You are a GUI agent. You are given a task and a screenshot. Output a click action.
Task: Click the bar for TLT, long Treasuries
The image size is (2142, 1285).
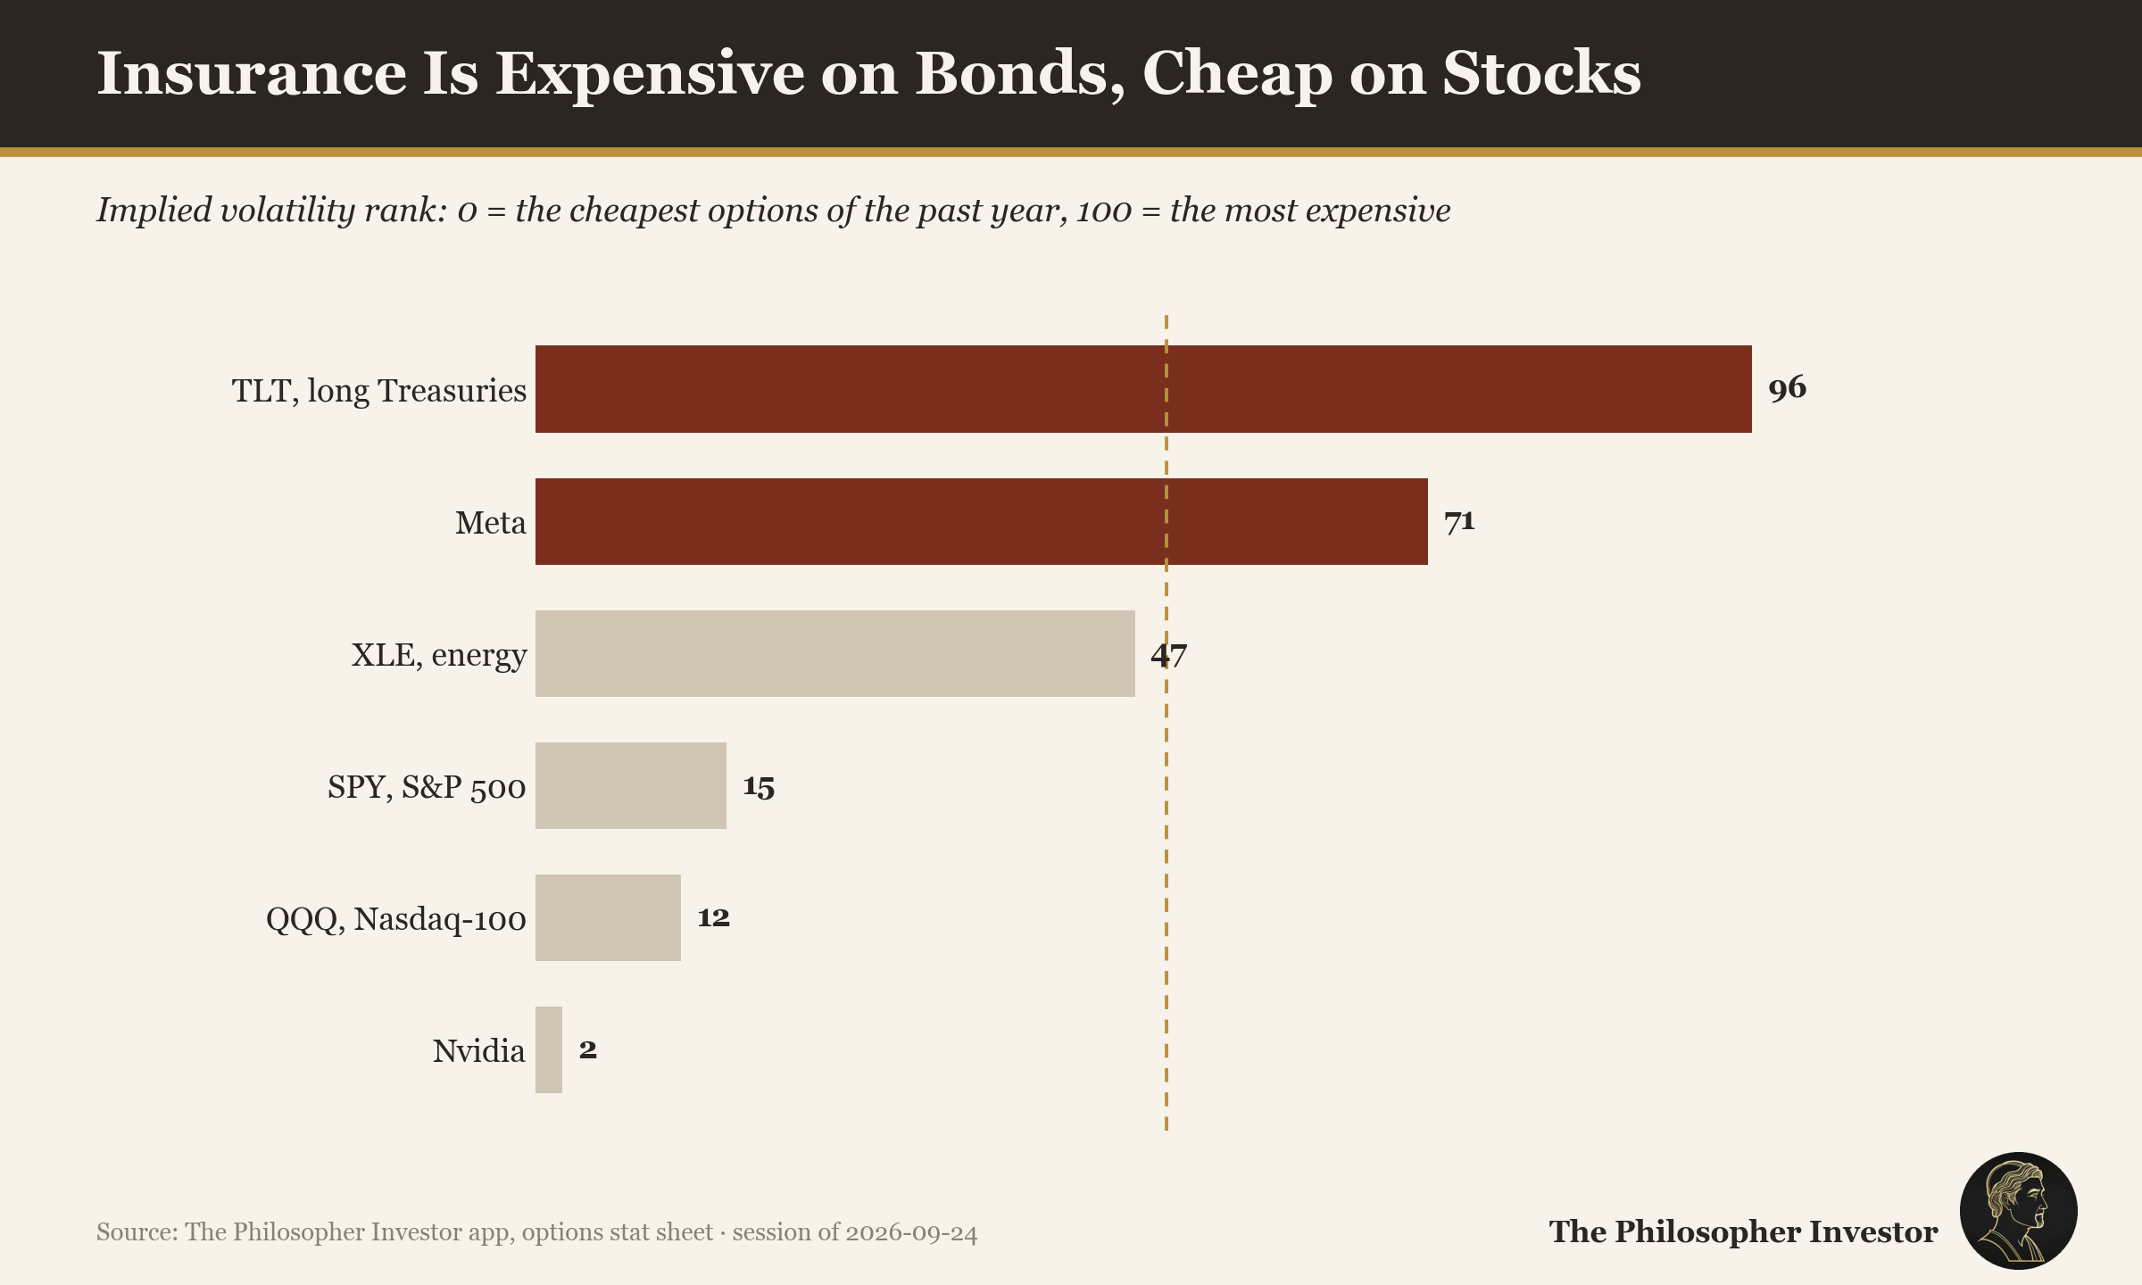(1143, 389)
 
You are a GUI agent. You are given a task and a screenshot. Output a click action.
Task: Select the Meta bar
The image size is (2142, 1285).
(982, 521)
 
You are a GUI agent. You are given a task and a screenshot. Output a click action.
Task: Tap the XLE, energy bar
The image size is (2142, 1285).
(835, 653)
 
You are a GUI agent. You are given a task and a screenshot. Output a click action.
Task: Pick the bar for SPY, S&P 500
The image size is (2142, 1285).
(631, 785)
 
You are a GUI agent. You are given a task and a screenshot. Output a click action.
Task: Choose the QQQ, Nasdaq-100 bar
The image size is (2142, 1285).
(608, 917)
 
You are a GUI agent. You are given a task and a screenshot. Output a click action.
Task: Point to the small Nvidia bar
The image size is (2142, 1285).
(549, 1049)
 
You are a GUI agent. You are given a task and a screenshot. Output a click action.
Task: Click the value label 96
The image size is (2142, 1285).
(1787, 388)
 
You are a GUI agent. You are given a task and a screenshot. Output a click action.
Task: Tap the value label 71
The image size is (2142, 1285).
(1459, 520)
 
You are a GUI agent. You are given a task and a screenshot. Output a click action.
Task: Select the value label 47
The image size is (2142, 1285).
(1169, 654)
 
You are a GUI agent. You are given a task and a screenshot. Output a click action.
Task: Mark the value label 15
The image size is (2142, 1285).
(759, 786)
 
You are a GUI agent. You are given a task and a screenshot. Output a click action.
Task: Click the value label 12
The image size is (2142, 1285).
(713, 917)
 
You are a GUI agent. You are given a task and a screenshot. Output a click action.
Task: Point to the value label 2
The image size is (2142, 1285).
(587, 1049)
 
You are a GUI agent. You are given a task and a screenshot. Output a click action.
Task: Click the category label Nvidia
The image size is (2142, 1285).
(478, 1050)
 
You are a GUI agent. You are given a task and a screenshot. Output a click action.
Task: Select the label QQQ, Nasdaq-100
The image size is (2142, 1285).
(396, 919)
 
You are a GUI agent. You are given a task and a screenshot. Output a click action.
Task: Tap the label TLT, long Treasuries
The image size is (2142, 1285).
(379, 391)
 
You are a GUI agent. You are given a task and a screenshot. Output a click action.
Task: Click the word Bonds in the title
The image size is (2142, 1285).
(1020, 73)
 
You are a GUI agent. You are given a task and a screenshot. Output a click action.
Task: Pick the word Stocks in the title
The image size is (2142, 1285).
(1542, 72)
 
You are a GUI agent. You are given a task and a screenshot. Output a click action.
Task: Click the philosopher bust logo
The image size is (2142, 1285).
(2018, 1211)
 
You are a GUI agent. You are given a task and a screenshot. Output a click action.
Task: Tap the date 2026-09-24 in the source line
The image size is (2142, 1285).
(911, 1232)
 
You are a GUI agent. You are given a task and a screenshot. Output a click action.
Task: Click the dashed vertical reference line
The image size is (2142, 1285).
(1166, 723)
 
